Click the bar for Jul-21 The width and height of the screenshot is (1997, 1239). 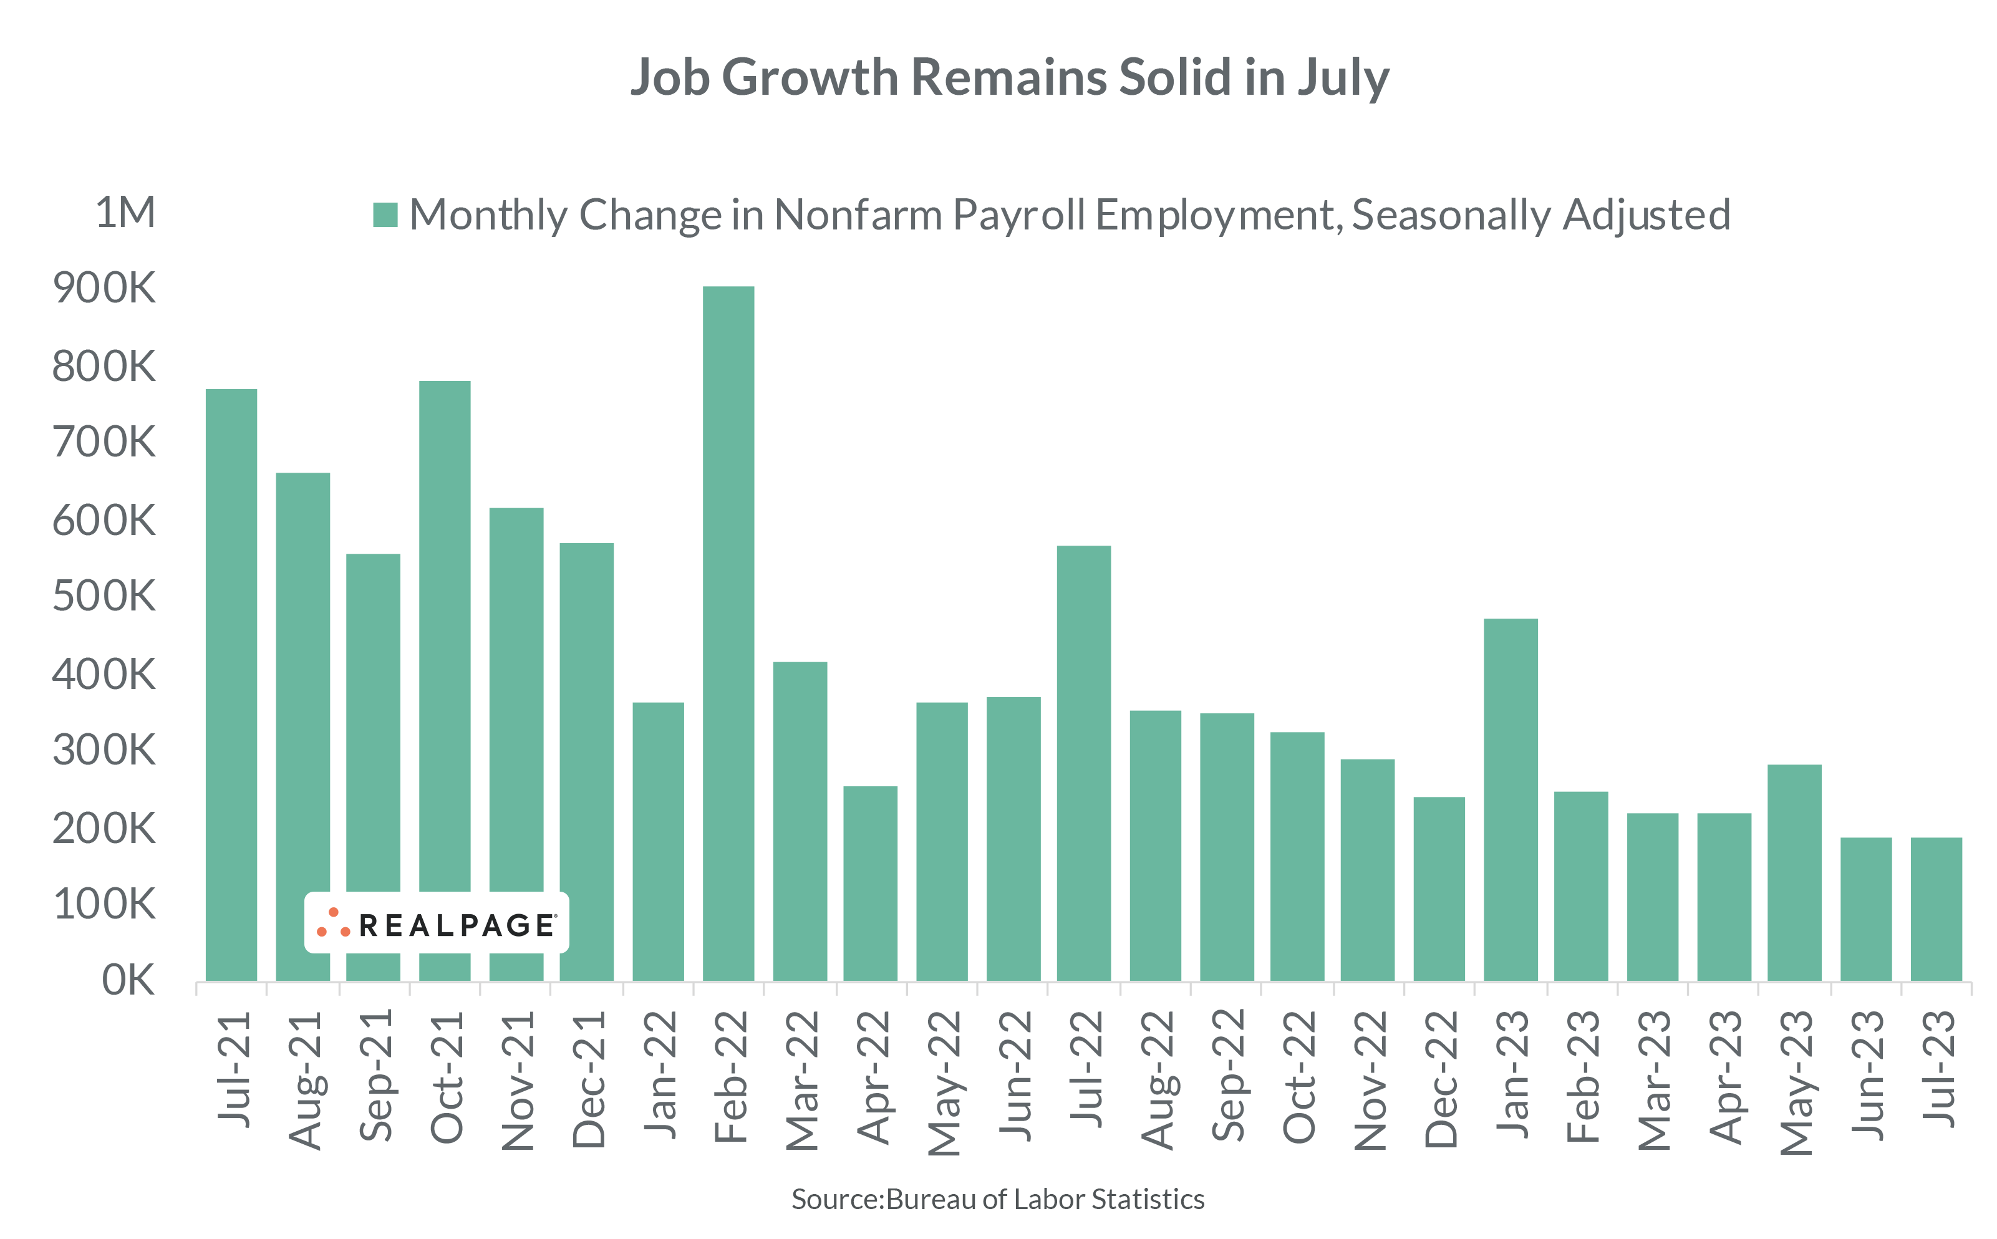231,684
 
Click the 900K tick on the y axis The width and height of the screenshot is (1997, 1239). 104,289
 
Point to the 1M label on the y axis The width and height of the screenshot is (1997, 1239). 125,213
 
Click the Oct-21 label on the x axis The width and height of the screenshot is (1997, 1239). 447,1077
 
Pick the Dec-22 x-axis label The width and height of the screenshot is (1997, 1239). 1441,1078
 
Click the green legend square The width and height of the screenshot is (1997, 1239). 385,215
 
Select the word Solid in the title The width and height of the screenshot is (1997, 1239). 1175,77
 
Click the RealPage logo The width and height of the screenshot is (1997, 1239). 436,923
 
